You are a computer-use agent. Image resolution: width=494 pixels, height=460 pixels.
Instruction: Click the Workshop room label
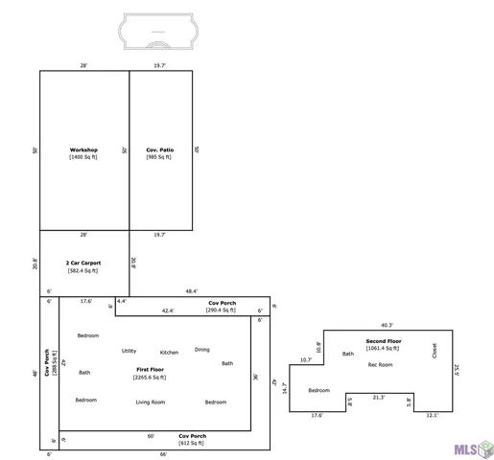pyautogui.click(x=83, y=149)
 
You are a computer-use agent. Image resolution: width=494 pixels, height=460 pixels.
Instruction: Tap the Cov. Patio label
pyautogui.click(x=159, y=149)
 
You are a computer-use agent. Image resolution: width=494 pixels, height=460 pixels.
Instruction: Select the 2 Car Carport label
pyautogui.click(x=82, y=263)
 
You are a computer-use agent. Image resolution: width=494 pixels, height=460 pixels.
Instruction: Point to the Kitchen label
pyautogui.click(x=169, y=353)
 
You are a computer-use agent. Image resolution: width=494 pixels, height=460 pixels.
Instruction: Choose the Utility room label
pyautogui.click(x=129, y=351)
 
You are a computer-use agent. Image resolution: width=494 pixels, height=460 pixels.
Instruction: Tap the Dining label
pyautogui.click(x=202, y=349)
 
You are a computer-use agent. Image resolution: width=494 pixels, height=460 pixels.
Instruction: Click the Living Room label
pyautogui.click(x=151, y=402)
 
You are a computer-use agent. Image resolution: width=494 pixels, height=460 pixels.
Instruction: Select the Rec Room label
pyautogui.click(x=381, y=364)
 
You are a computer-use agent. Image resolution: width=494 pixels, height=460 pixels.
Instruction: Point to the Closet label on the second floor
pyautogui.click(x=435, y=351)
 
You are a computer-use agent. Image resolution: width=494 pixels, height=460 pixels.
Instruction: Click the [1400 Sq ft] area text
pyautogui.click(x=83, y=157)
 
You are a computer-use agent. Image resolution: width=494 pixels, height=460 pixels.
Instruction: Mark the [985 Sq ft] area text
pyautogui.click(x=159, y=157)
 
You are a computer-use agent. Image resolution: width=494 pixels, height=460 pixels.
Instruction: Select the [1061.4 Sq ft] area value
pyautogui.click(x=384, y=348)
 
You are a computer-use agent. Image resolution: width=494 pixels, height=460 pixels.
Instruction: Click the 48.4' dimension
pyautogui.click(x=191, y=290)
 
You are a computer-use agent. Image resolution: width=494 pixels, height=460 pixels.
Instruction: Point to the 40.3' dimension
pyautogui.click(x=386, y=325)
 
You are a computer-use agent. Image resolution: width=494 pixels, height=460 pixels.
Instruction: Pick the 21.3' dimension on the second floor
pyautogui.click(x=379, y=398)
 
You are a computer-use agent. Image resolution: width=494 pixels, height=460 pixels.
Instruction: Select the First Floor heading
pyautogui.click(x=150, y=369)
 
